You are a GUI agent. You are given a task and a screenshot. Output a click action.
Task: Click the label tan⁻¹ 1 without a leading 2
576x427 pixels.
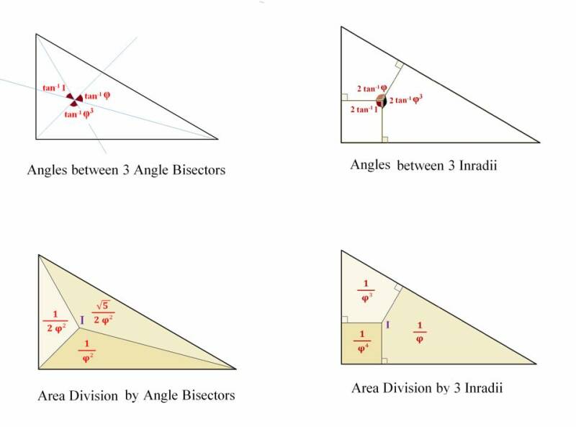point(54,89)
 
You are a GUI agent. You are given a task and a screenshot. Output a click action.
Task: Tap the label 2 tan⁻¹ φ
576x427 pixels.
point(372,89)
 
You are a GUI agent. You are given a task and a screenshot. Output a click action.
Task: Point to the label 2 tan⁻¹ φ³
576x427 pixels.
point(406,100)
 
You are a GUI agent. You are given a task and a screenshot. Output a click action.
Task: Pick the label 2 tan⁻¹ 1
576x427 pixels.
point(364,109)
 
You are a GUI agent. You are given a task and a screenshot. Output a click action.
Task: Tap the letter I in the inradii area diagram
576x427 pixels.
point(388,325)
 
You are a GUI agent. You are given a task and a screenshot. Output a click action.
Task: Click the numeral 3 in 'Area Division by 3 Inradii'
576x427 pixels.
point(449,389)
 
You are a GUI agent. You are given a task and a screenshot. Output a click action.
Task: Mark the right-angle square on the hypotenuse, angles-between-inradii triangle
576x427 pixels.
point(397,66)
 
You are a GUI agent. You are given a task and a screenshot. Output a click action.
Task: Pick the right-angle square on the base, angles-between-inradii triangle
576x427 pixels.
point(384,139)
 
